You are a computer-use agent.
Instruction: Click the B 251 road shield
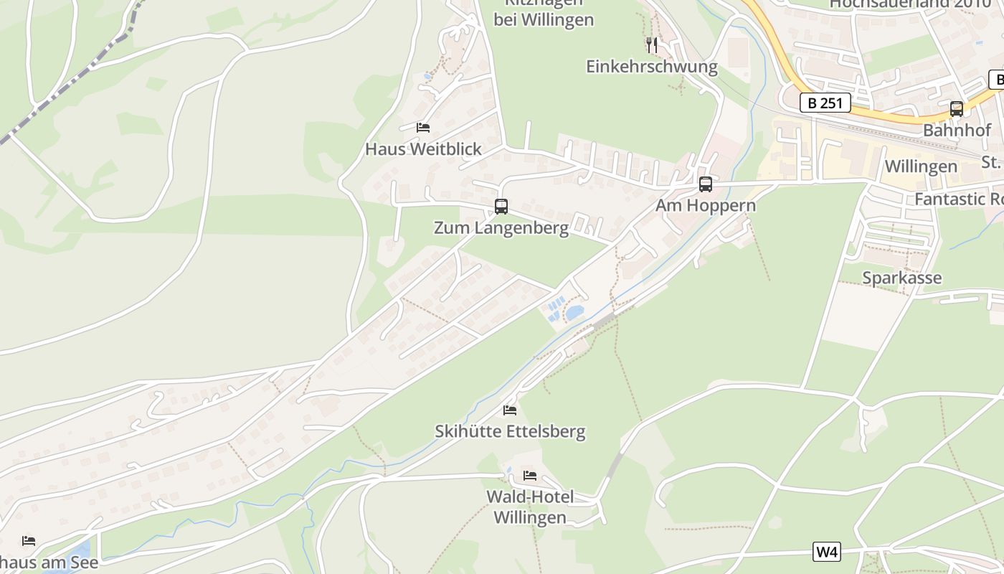click(825, 103)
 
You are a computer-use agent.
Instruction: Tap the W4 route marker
click(827, 552)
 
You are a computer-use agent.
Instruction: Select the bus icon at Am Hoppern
click(706, 184)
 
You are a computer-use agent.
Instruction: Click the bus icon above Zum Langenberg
click(501, 207)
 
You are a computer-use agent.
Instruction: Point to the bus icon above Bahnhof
click(956, 109)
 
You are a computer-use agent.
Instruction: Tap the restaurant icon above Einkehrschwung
click(651, 45)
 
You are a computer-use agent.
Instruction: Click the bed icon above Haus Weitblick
click(423, 128)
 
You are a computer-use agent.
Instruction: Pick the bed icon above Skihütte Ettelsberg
click(510, 410)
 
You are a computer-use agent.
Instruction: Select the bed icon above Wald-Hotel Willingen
click(530, 475)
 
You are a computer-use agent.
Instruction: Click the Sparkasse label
click(901, 278)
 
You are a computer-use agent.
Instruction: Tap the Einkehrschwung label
click(651, 67)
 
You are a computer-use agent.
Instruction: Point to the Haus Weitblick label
click(423, 149)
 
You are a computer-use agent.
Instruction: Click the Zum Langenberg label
click(501, 228)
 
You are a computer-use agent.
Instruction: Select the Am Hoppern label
click(705, 206)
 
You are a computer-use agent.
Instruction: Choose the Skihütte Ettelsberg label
click(510, 431)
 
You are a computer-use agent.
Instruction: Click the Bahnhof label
click(957, 131)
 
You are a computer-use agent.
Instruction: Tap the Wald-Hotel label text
click(530, 497)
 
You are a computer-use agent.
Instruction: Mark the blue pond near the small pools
click(574, 313)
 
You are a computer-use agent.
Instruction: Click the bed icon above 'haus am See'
click(29, 540)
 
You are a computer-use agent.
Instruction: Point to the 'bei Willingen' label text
click(544, 19)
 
